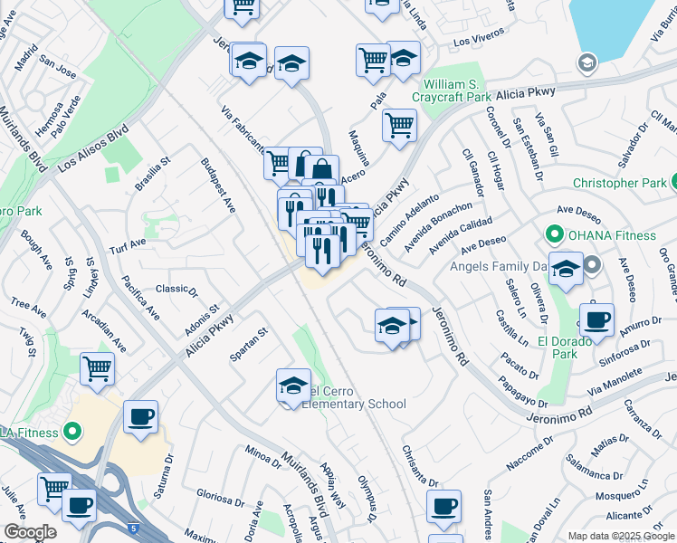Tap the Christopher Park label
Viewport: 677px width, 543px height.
624,183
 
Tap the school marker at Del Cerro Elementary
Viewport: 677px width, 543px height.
293,386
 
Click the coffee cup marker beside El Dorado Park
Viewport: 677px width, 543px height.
596,320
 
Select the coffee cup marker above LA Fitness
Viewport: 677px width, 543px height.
140,417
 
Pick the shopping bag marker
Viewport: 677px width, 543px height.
321,169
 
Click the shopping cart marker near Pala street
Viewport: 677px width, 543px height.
399,125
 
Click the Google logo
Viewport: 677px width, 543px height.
30,532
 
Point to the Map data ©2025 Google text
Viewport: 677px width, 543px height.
622,536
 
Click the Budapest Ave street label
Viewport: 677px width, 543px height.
218,186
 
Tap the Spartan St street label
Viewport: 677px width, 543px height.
249,345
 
